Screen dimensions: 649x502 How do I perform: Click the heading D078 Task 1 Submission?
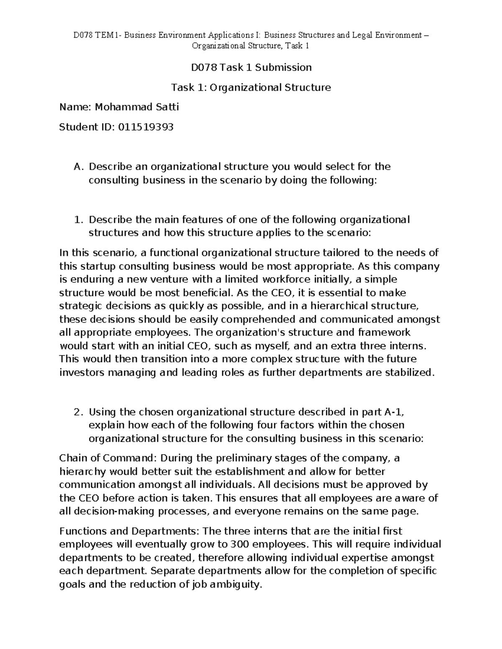click(x=251, y=67)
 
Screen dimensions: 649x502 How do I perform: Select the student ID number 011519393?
click(x=146, y=127)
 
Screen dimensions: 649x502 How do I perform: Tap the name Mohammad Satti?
click(x=137, y=107)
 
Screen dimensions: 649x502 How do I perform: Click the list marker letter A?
click(x=77, y=167)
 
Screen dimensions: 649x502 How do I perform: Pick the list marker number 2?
click(x=77, y=412)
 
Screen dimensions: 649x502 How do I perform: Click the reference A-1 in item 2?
click(x=394, y=412)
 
